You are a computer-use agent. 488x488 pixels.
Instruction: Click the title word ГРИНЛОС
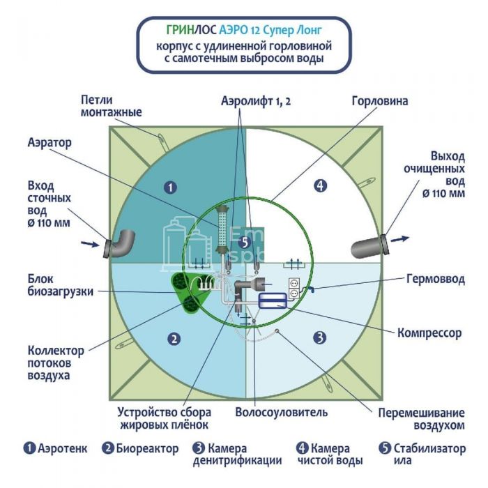click(x=192, y=31)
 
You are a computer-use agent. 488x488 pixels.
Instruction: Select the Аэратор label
click(x=50, y=142)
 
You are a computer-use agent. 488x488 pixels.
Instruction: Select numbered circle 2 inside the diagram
click(x=174, y=339)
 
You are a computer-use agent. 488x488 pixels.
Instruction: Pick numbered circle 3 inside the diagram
click(x=319, y=338)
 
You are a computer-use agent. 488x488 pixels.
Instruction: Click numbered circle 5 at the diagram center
click(x=243, y=242)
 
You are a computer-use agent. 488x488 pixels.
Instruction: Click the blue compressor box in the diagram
click(x=271, y=300)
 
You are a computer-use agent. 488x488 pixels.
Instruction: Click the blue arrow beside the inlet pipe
click(x=90, y=244)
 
